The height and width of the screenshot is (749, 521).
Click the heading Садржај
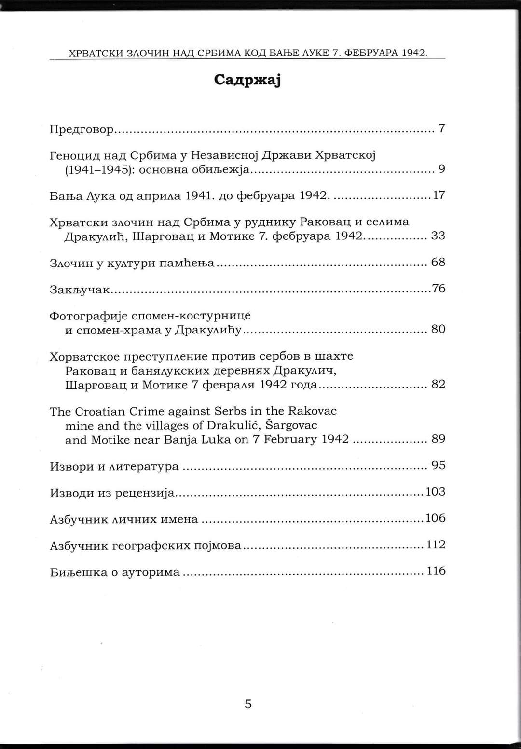coord(247,80)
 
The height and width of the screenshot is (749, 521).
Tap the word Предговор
coord(82,130)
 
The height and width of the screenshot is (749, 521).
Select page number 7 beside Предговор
coord(441,128)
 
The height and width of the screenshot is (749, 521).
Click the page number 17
coord(439,195)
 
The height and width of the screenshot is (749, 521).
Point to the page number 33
coord(438,236)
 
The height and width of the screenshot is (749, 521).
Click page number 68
coord(438,262)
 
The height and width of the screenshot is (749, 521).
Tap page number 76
coord(438,289)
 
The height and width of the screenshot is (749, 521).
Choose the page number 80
coord(438,329)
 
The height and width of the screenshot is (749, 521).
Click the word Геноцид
coord(75,155)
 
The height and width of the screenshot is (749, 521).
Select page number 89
coord(438,439)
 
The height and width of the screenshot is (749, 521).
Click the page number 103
coord(436,492)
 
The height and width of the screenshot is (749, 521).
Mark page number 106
coord(436,518)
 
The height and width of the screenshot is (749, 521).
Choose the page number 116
coord(436,571)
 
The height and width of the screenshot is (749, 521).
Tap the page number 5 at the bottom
coord(248,704)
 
